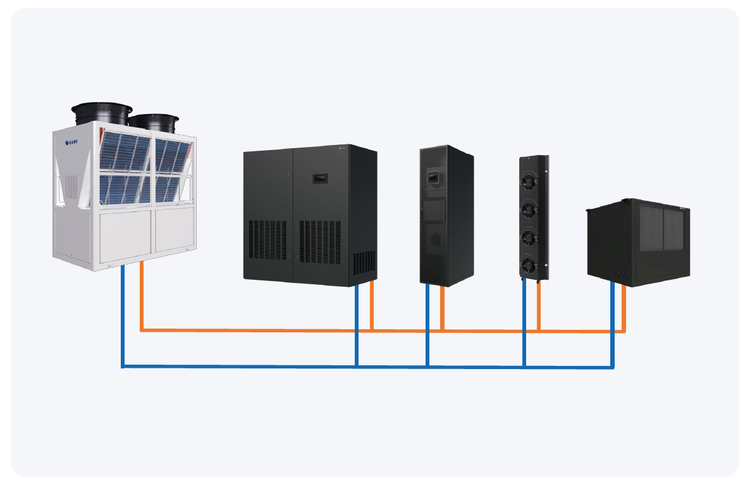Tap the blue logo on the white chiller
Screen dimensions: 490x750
75,144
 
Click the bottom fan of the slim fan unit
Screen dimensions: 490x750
528,263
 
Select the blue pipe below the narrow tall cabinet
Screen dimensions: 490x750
427,323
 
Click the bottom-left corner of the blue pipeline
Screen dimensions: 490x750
123,366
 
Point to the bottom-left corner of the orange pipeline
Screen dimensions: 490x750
142,329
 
